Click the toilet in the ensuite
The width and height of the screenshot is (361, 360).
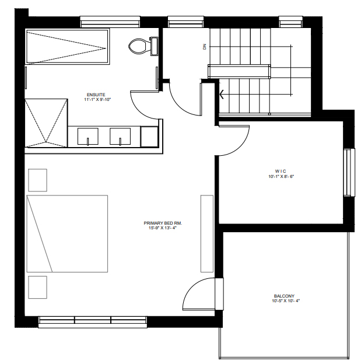pyautogui.click(x=143, y=46)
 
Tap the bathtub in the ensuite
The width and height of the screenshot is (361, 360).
pyautogui.click(x=67, y=47)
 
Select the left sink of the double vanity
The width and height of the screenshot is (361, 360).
pyautogui.click(x=87, y=137)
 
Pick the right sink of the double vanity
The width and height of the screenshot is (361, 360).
pyautogui.click(x=120, y=137)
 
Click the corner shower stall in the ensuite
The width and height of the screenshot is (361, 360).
pyautogui.click(x=46, y=123)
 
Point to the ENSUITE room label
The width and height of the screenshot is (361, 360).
pyautogui.click(x=96, y=95)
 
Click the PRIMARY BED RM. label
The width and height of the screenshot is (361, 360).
pyautogui.click(x=163, y=223)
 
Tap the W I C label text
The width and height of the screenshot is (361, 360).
pyautogui.click(x=281, y=171)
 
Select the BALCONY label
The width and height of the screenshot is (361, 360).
pyautogui.click(x=284, y=296)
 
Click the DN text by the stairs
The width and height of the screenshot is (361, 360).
pyautogui.click(x=205, y=47)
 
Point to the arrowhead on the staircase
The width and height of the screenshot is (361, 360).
pyautogui.click(x=222, y=94)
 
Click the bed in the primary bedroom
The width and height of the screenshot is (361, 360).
pyautogui.click(x=67, y=233)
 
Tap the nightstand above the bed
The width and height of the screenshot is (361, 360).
pyautogui.click(x=37, y=180)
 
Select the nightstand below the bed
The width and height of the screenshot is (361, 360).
pyautogui.click(x=37, y=287)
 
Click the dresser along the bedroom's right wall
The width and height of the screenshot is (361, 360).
pyautogui.click(x=207, y=233)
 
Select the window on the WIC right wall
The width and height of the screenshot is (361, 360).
pyautogui.click(x=349, y=173)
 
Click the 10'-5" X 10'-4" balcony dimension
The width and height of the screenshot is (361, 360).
pyautogui.click(x=286, y=301)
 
